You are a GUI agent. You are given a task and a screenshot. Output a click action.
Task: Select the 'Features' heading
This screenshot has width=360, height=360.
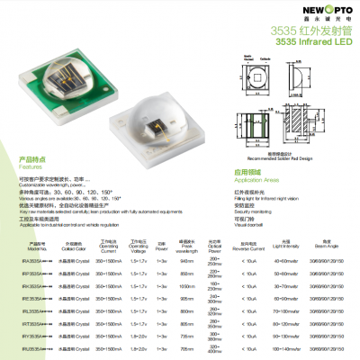(31, 166)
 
